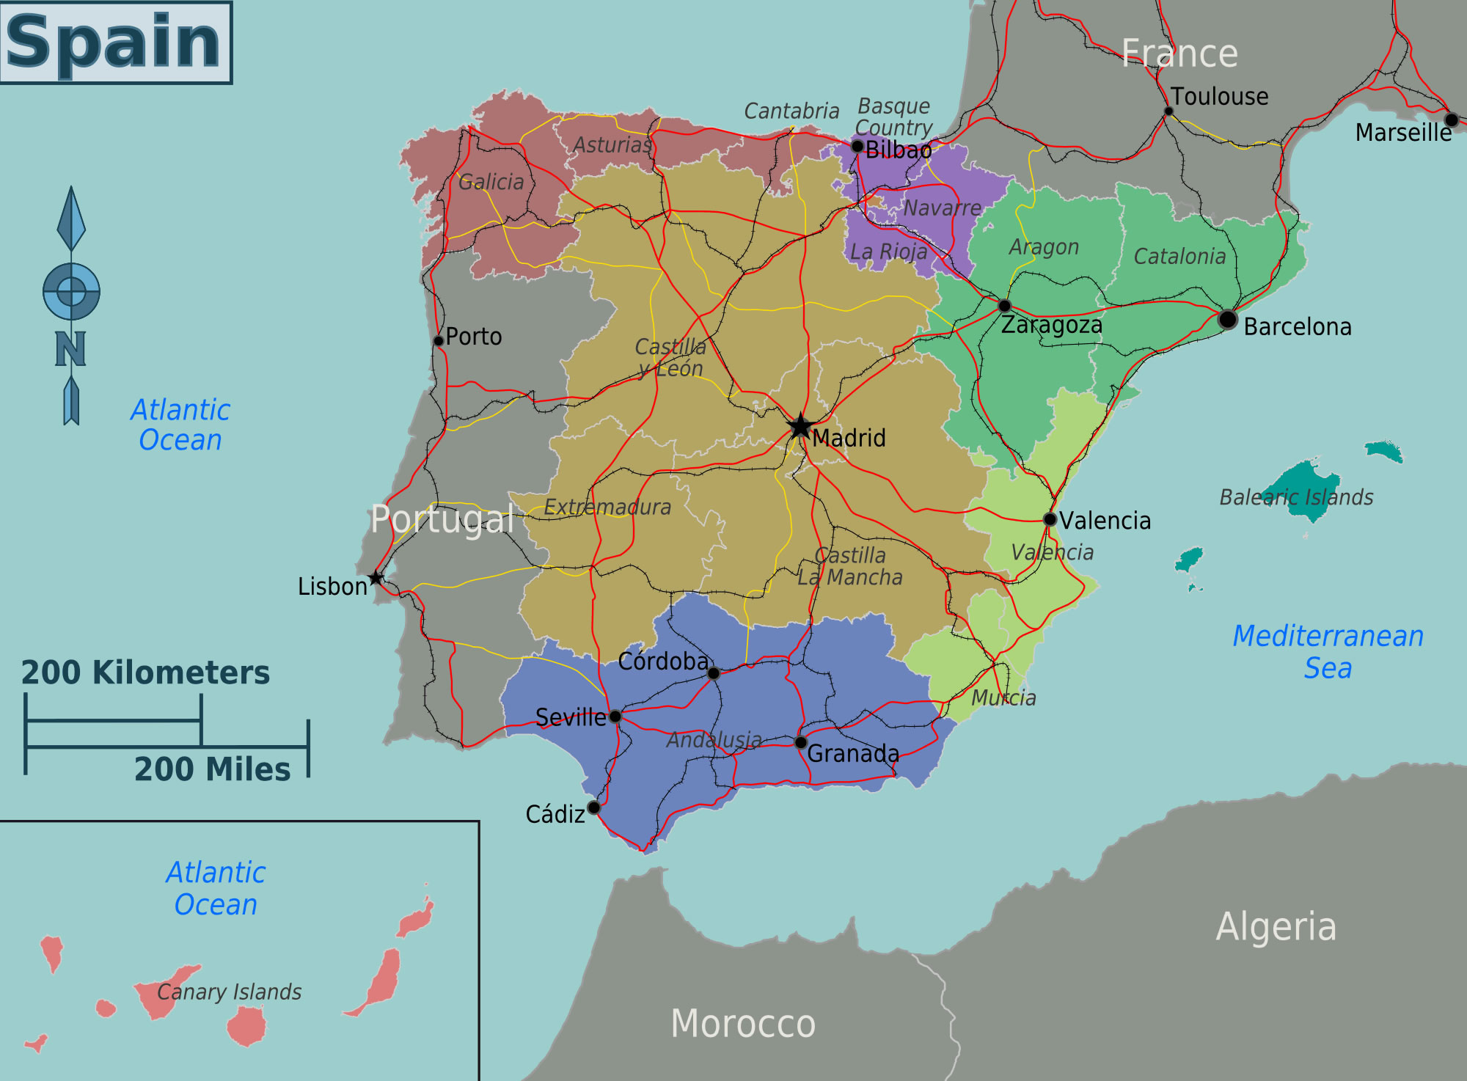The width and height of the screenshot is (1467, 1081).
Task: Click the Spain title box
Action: point(116,42)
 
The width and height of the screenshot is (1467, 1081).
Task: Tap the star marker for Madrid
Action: point(800,426)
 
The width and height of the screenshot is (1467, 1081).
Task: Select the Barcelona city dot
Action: point(1227,320)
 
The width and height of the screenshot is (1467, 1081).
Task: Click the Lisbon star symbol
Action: point(376,578)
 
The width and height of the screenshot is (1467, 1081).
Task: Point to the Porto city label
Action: point(474,337)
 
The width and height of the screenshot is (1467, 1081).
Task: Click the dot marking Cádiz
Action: point(594,807)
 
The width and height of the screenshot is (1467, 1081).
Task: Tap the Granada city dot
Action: point(801,742)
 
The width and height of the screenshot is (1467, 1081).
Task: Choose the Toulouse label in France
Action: point(1219,96)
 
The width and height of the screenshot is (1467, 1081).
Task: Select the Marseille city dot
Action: point(1451,120)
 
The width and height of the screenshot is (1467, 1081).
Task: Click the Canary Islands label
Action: point(230,992)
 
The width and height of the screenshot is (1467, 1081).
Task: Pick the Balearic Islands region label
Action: point(1296,497)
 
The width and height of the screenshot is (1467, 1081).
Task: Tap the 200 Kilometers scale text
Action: point(145,673)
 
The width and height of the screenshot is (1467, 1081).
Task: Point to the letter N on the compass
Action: point(70,349)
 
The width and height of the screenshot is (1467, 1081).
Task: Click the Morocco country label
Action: point(743,1023)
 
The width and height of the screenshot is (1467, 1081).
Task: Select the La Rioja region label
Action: point(888,252)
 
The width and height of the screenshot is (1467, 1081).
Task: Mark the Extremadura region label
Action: point(607,507)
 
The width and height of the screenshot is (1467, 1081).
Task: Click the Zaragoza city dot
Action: point(1004,306)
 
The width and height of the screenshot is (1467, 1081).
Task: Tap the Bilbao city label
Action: point(899,150)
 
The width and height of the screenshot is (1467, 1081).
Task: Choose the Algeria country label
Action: point(1276,926)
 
